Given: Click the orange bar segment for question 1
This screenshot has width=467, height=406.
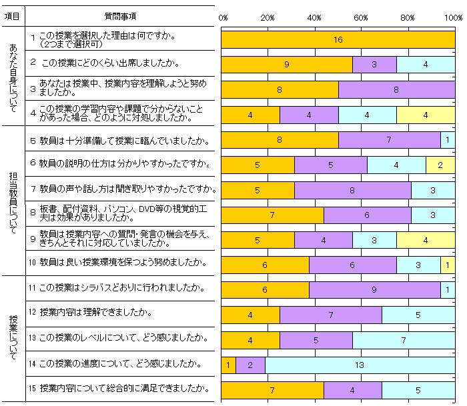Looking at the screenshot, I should pos(338,40).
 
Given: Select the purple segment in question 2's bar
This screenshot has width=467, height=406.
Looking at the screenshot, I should pos(374,65).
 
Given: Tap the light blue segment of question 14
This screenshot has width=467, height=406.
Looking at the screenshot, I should pos(360,365).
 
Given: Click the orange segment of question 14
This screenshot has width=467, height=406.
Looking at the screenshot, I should pos(228,365).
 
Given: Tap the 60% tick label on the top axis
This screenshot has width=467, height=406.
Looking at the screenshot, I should pos(361,17).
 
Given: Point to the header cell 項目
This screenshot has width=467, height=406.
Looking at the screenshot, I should pos(12,15).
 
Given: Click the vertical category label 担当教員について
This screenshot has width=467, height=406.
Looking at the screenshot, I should pos(13,200).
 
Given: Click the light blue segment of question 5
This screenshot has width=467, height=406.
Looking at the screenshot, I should pos(448,140).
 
